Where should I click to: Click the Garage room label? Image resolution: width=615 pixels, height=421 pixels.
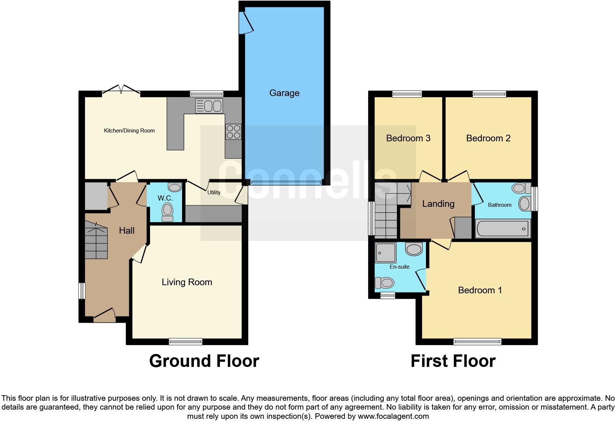(284, 93)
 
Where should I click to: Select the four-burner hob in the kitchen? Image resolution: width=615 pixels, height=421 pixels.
(233, 132)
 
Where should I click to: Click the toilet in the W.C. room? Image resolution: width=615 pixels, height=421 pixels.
(167, 212)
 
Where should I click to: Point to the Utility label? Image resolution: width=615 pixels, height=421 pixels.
(214, 192)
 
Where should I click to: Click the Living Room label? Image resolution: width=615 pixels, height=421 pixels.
(187, 282)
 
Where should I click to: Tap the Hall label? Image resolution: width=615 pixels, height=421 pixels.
(127, 231)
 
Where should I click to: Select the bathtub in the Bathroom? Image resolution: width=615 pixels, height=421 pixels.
(502, 229)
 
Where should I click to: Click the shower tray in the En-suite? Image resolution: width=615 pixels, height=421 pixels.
(385, 252)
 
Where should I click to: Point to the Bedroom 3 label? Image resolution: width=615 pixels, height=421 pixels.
(408, 138)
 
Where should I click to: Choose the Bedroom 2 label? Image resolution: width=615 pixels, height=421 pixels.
(488, 138)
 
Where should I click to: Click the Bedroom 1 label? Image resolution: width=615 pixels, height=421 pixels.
(480, 290)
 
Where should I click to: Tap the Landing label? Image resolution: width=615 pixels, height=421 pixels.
(438, 204)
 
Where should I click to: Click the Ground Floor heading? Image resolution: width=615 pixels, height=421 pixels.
(204, 361)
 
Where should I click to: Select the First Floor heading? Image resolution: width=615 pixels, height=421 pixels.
(453, 361)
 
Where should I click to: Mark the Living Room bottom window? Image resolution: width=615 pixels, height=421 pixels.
(185, 342)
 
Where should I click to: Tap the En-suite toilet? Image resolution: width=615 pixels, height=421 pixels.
(385, 283)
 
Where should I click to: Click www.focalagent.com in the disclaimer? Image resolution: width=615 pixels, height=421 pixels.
(393, 417)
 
